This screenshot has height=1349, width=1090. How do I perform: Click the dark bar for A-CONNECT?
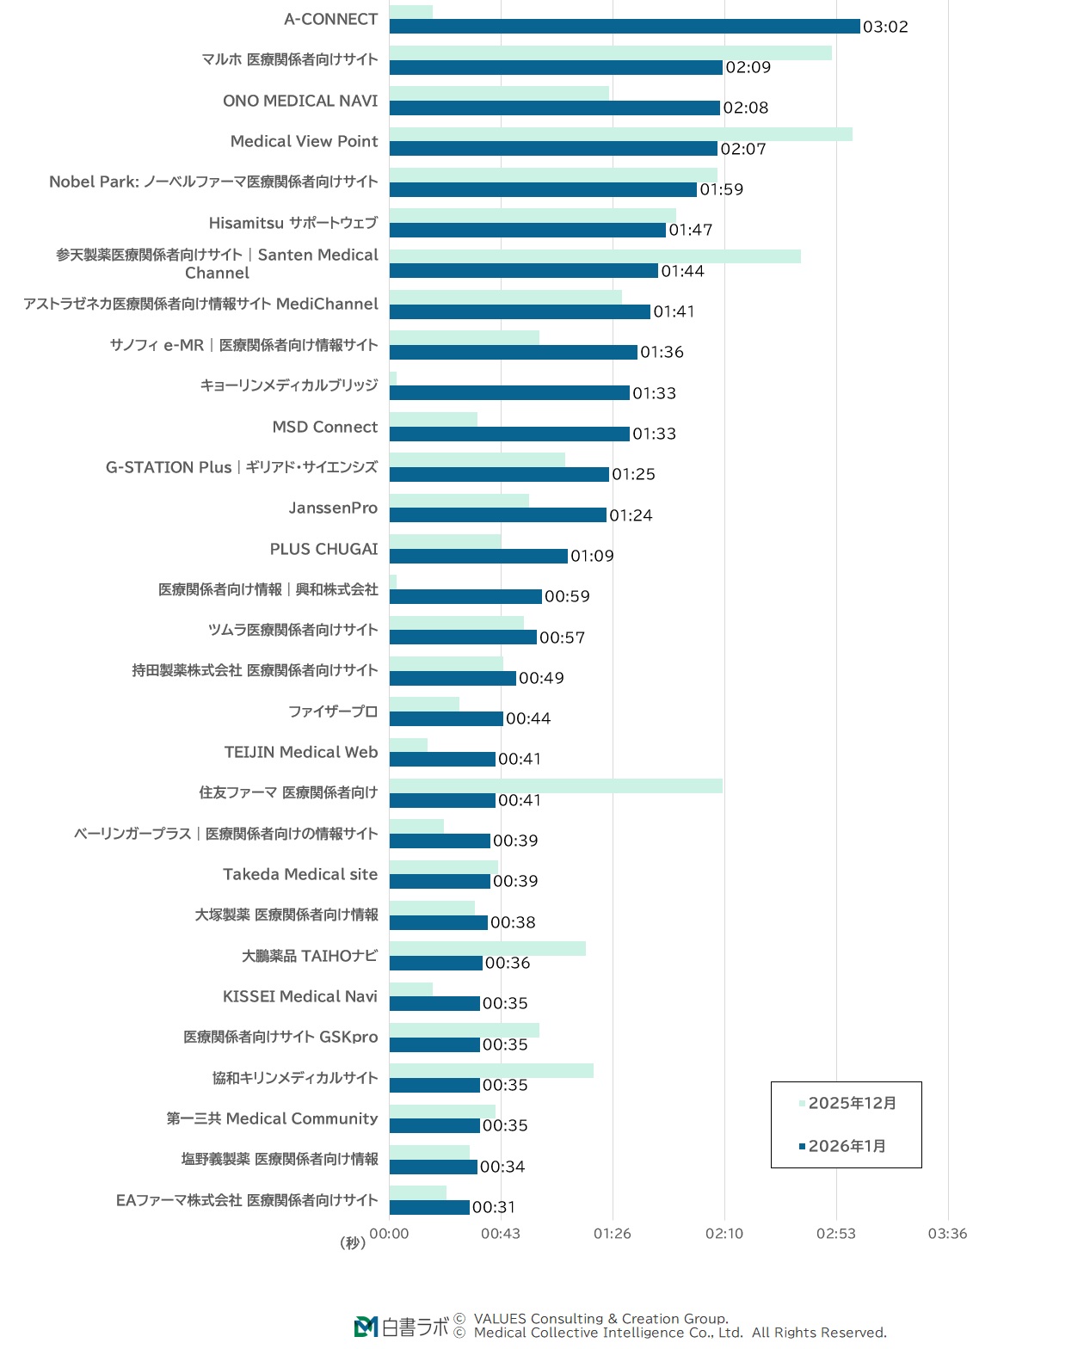(625, 27)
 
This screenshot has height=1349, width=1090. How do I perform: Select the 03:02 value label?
(885, 27)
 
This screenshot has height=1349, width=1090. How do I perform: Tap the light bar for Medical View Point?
(620, 134)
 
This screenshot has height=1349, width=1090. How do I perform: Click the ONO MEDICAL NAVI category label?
(300, 101)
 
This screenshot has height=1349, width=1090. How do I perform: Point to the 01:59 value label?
(721, 189)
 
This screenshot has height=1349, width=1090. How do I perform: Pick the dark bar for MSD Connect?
(509, 434)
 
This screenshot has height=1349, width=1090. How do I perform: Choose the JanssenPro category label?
(333, 508)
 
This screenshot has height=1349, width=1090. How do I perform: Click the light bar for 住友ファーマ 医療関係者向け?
(556, 785)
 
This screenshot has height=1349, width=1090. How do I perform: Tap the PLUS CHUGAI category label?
(323, 549)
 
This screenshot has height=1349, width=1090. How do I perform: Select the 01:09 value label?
(592, 556)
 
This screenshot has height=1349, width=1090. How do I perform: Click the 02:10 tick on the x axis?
(724, 1233)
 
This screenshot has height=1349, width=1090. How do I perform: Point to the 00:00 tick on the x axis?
(389, 1233)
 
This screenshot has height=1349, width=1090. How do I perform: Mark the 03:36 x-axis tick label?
(947, 1233)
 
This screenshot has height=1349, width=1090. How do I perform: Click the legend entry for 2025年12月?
(847, 1103)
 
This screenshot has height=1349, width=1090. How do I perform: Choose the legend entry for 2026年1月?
(842, 1146)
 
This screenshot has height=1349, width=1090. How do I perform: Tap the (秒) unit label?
(353, 1242)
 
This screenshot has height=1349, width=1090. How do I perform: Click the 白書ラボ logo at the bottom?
(402, 1327)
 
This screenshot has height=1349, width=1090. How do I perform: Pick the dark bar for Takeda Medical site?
(440, 881)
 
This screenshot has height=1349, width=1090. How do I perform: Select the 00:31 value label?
(494, 1207)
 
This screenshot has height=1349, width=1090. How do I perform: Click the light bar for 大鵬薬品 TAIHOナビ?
(487, 948)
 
